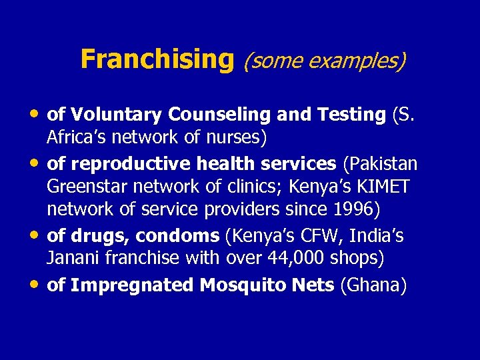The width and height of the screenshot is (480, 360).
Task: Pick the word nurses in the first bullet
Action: [235, 137]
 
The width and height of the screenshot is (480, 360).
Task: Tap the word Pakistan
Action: [380, 164]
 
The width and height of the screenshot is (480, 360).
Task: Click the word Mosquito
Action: [259, 285]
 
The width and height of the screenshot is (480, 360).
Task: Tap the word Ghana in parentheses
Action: [373, 285]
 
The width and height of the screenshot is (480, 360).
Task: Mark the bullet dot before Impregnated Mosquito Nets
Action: [35, 283]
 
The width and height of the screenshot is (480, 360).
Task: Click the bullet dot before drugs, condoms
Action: [35, 234]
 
